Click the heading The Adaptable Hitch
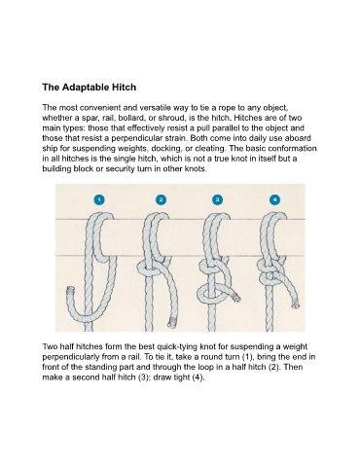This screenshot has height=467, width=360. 90,88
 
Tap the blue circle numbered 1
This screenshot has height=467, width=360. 99,199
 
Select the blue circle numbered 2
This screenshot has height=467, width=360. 161,199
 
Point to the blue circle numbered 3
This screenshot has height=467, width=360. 217,199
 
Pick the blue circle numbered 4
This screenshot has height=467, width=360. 274,199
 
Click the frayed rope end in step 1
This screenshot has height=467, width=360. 70,290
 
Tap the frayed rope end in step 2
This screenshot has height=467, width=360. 171,323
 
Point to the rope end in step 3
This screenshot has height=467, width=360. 236,297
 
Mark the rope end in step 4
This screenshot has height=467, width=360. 295,305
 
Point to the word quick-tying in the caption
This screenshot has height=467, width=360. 177,347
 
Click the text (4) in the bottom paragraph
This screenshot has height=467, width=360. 198,377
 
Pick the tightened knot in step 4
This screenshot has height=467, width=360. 270,271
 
